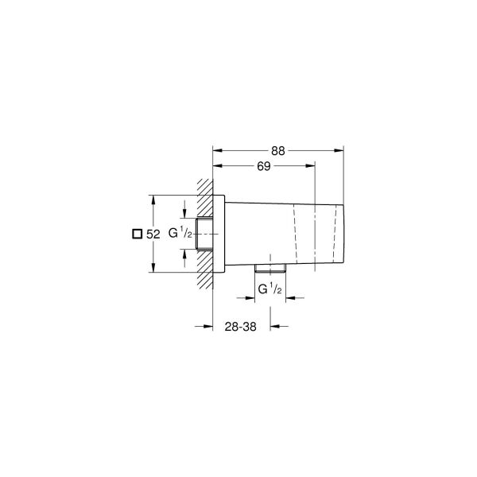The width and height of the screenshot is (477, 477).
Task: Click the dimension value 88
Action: point(277,149)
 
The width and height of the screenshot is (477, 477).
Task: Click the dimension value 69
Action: point(264,166)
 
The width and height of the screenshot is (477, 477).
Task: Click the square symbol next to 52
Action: point(136,234)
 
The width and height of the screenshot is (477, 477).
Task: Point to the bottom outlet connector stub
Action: point(270,266)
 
